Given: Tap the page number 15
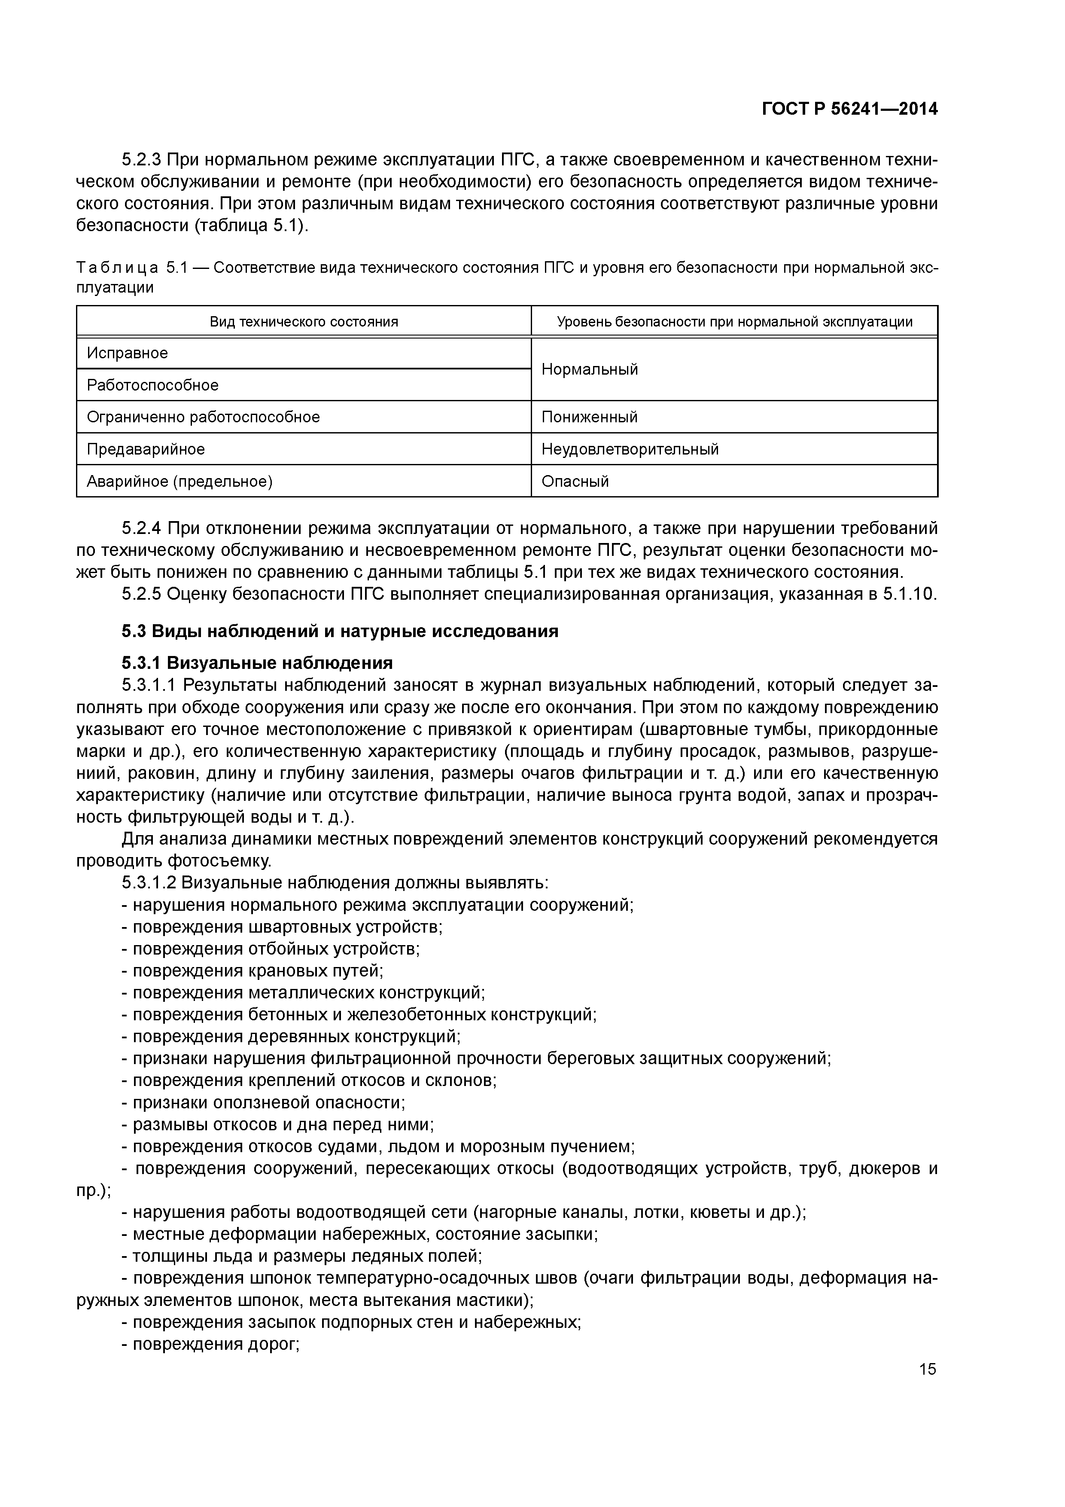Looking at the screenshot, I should click(927, 1369).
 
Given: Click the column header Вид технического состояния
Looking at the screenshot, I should click(304, 322).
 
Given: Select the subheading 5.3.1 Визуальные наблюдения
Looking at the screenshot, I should click(257, 662).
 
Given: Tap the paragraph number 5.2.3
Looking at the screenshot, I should click(141, 159).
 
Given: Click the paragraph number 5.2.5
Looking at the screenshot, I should click(141, 594).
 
